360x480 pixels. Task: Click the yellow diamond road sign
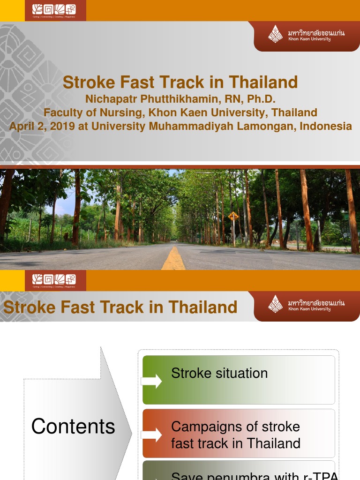tap(233, 216)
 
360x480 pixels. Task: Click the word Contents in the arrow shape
tap(73, 426)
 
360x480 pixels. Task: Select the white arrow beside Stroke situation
tap(151, 381)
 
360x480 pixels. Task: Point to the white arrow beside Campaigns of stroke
tap(151, 435)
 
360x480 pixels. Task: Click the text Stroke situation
tap(219, 373)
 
